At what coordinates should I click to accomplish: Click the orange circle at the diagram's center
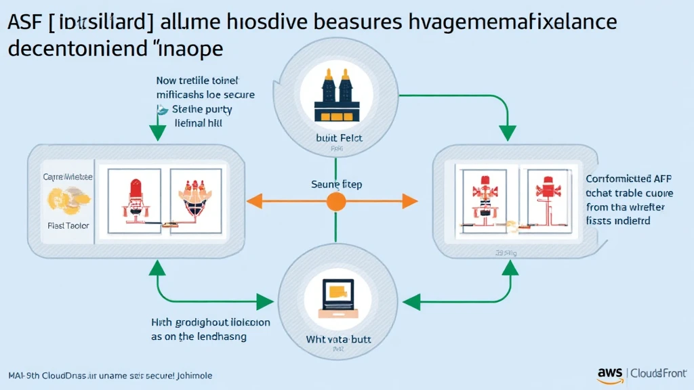pyautogui.click(x=336, y=200)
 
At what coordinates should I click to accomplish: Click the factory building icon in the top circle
pyautogui.click(x=336, y=97)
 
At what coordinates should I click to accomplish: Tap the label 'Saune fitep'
pyautogui.click(x=336, y=183)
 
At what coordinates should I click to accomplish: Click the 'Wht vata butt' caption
pyautogui.click(x=336, y=338)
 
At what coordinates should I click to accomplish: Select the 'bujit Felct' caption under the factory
pyautogui.click(x=336, y=137)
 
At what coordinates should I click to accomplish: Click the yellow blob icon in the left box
pyautogui.click(x=63, y=199)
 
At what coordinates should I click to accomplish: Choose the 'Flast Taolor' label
pyautogui.click(x=67, y=225)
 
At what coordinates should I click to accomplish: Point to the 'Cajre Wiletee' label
pyautogui.click(x=68, y=177)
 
